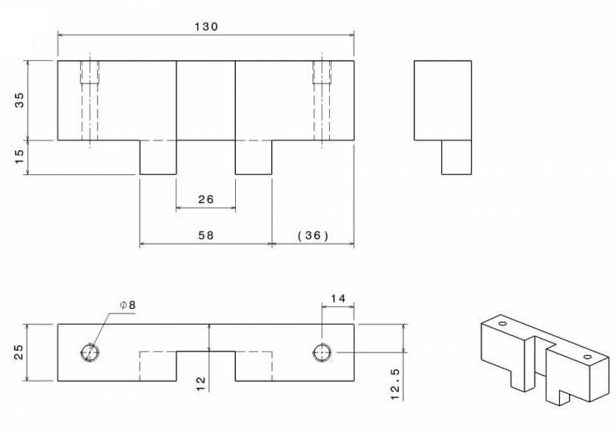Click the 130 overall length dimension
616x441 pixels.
pyautogui.click(x=206, y=26)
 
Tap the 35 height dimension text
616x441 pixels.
pyautogui.click(x=19, y=100)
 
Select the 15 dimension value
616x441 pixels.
pyautogui.click(x=19, y=157)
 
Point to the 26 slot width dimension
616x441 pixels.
pyautogui.click(x=206, y=200)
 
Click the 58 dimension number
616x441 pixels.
pyautogui.click(x=206, y=235)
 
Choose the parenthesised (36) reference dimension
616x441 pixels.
pyautogui.click(x=313, y=235)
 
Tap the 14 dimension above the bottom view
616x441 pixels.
pyautogui.click(x=338, y=299)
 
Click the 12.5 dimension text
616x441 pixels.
pyautogui.click(x=395, y=384)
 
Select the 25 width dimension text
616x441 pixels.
pyautogui.click(x=19, y=352)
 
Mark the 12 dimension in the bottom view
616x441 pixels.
pyautogui.click(x=200, y=383)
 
